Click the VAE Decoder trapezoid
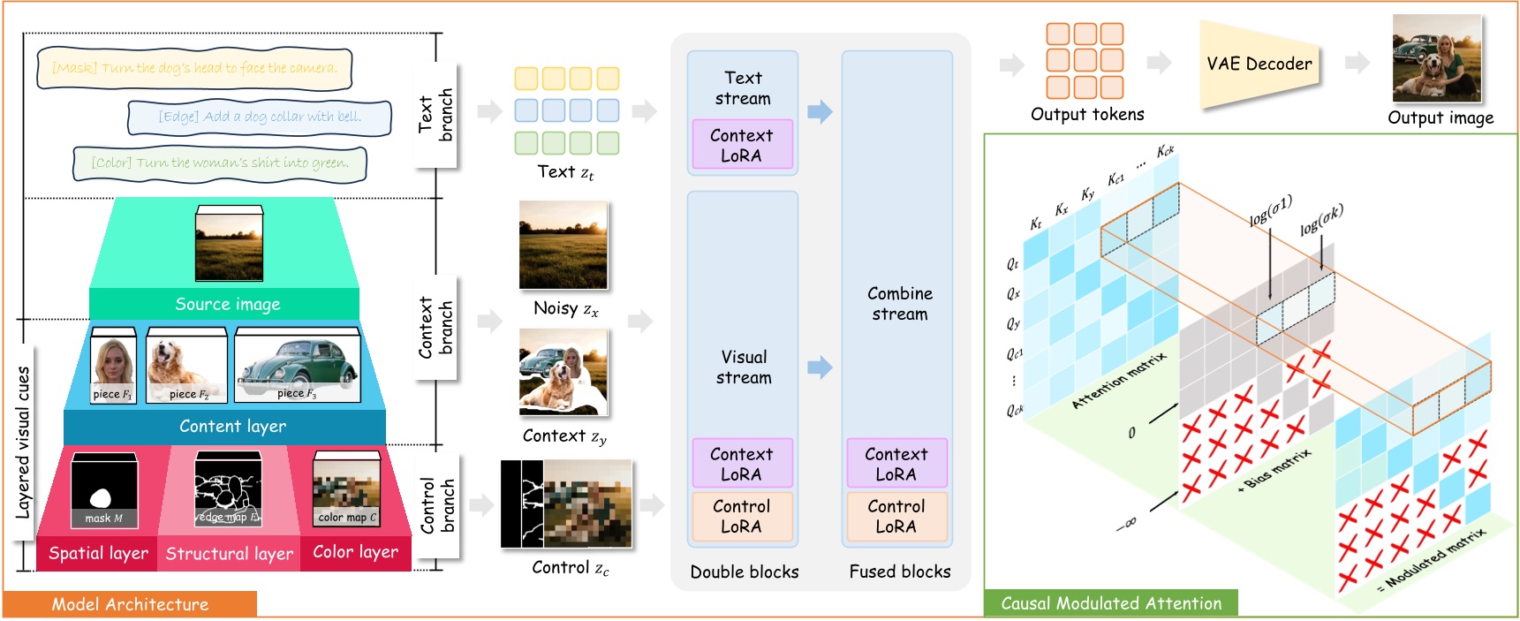[1259, 64]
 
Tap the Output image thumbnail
[1437, 58]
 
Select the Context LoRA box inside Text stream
[741, 145]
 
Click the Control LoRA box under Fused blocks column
[896, 516]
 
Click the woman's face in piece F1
[112, 360]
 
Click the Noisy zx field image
[563, 245]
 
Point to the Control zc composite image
[566, 504]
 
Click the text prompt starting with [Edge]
[260, 117]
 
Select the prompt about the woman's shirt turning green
[220, 163]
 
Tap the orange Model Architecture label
[130, 604]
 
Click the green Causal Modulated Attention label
[1111, 603]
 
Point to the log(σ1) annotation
[1270, 211]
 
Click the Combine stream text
[899, 303]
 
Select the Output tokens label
[1087, 114]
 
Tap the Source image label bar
[227, 304]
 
